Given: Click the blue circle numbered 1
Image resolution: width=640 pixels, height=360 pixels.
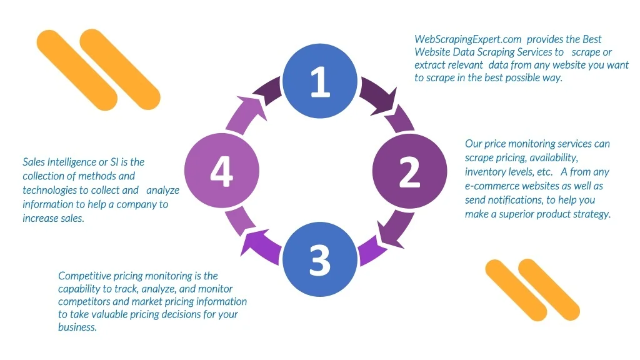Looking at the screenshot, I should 319,81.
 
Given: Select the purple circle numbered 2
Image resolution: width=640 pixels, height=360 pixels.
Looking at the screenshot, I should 409,171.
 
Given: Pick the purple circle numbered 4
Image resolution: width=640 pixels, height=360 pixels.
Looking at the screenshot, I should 222,171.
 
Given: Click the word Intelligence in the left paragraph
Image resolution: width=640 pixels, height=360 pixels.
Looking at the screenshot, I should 71,162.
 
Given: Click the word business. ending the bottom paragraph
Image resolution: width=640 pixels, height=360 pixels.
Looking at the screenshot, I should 77,327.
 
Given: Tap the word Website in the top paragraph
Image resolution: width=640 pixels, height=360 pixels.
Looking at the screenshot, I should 432,52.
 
